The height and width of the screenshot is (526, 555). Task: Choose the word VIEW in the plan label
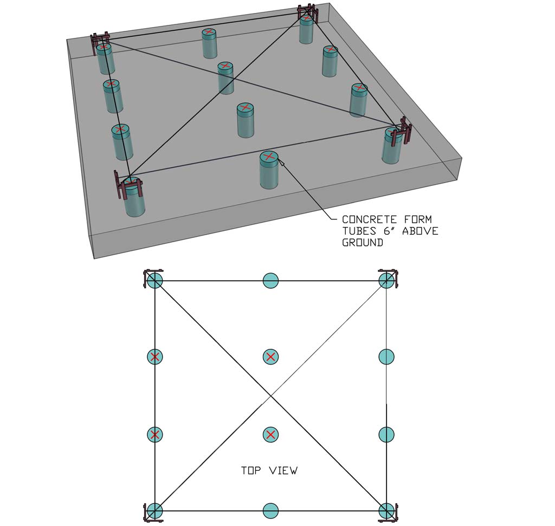coord(283,471)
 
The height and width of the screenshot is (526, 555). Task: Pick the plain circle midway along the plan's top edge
coord(270,281)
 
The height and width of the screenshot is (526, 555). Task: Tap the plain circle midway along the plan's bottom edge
coord(270,510)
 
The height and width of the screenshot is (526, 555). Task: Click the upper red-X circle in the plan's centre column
coord(270,356)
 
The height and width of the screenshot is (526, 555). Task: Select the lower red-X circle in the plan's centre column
coord(270,434)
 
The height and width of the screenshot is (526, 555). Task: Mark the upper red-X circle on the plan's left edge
coord(155,356)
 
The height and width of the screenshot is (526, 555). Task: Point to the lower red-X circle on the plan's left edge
coord(155,434)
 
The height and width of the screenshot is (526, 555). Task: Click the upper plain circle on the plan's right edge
coord(386,356)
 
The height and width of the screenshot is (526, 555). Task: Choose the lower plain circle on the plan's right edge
coord(386,434)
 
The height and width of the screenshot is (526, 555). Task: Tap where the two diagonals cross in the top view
coord(270,396)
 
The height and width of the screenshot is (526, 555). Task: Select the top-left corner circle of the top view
coord(155,281)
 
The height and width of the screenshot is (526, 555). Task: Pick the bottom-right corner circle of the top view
coord(386,510)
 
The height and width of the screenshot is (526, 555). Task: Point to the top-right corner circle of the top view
coord(386,281)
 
